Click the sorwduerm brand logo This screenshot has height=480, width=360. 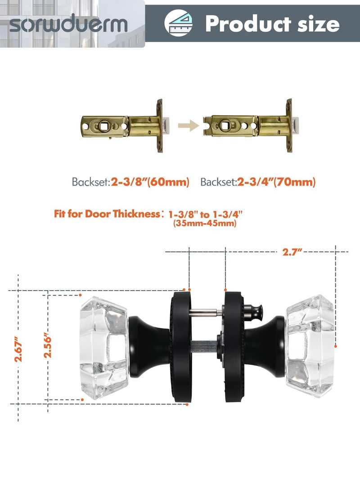[x=68, y=23]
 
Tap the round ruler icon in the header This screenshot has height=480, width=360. [x=178, y=23]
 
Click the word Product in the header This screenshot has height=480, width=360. [x=248, y=23]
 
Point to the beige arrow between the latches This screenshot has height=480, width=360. [x=189, y=126]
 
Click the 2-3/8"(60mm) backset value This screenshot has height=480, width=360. [x=150, y=182]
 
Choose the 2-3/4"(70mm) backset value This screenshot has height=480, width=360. [x=276, y=182]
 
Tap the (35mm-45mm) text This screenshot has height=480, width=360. [x=205, y=223]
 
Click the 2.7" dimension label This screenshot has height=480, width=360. [x=292, y=252]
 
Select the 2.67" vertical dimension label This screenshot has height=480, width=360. [x=18, y=349]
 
